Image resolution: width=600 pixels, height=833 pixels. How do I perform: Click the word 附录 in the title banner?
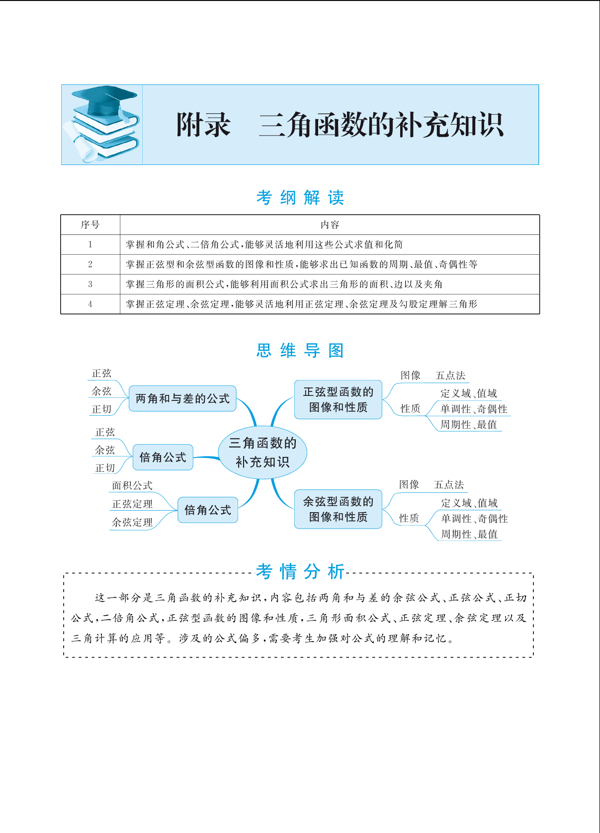coord(203,125)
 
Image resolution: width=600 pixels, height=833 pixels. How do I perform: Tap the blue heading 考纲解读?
coord(300,198)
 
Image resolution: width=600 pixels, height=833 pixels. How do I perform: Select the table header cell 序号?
coord(90,225)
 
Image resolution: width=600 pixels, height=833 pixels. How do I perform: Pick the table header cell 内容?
coord(330,225)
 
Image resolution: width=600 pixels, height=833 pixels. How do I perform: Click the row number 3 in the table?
coord(90,284)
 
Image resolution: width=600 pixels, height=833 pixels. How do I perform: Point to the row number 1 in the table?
coord(90,244)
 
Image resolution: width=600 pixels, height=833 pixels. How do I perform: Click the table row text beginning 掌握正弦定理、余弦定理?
coord(301,304)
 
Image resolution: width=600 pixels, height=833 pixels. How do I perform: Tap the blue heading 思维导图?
coord(300,350)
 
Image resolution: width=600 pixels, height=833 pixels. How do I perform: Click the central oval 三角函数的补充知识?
coord(262,452)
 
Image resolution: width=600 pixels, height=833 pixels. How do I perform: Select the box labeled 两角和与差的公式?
coord(182,399)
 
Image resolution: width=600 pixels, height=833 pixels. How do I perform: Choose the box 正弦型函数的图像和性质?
coord(338,399)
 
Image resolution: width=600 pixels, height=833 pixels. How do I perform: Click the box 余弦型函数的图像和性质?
coord(338,509)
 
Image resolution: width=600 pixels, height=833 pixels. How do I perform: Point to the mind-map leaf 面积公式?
coord(132,485)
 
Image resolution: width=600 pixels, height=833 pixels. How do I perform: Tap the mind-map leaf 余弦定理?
coord(132,522)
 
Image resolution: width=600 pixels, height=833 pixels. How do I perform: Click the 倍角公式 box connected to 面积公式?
coord(208,510)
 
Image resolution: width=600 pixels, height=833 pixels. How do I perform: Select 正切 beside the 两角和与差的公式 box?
coord(101,409)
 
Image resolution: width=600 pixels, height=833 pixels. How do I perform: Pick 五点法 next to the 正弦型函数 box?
coord(450,375)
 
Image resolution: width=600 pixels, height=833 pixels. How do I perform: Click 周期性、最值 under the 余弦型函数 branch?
coord(469,534)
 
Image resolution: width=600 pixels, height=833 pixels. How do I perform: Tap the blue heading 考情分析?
coord(300,572)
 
